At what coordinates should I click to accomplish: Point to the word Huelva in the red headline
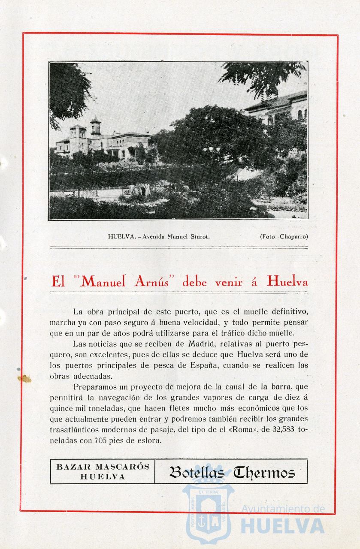point(287,282)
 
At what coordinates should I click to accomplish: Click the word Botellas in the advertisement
point(197,473)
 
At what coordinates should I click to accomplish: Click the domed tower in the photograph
point(95,127)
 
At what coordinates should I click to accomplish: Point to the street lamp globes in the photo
point(211,150)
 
